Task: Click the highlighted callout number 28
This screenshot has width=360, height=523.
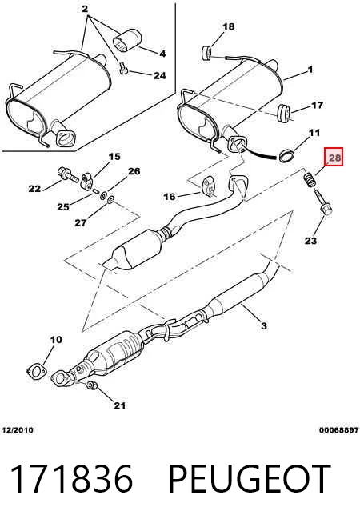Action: pyautogui.click(x=334, y=157)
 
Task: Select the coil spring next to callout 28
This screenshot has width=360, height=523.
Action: pyautogui.click(x=310, y=180)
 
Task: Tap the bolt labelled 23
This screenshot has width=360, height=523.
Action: pyautogui.click(x=322, y=202)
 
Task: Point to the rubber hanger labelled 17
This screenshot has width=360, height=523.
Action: pyautogui.click(x=283, y=114)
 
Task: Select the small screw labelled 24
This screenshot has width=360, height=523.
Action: pyautogui.click(x=123, y=69)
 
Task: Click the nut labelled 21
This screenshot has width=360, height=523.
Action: pyautogui.click(x=92, y=385)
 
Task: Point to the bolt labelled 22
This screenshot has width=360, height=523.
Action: pyautogui.click(x=68, y=174)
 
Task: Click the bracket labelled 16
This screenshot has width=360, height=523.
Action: pyautogui.click(x=209, y=186)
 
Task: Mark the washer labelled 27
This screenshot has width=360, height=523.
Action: pyautogui.click(x=110, y=200)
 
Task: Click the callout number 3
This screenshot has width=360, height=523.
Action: pyautogui.click(x=263, y=325)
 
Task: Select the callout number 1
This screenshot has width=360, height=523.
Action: pyautogui.click(x=310, y=70)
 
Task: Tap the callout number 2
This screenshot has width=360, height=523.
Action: pyautogui.click(x=85, y=9)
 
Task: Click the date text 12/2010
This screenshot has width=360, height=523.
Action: pyautogui.click(x=18, y=429)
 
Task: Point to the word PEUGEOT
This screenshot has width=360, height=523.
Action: pyautogui.click(x=250, y=479)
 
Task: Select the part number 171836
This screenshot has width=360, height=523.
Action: pyautogui.click(x=71, y=479)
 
